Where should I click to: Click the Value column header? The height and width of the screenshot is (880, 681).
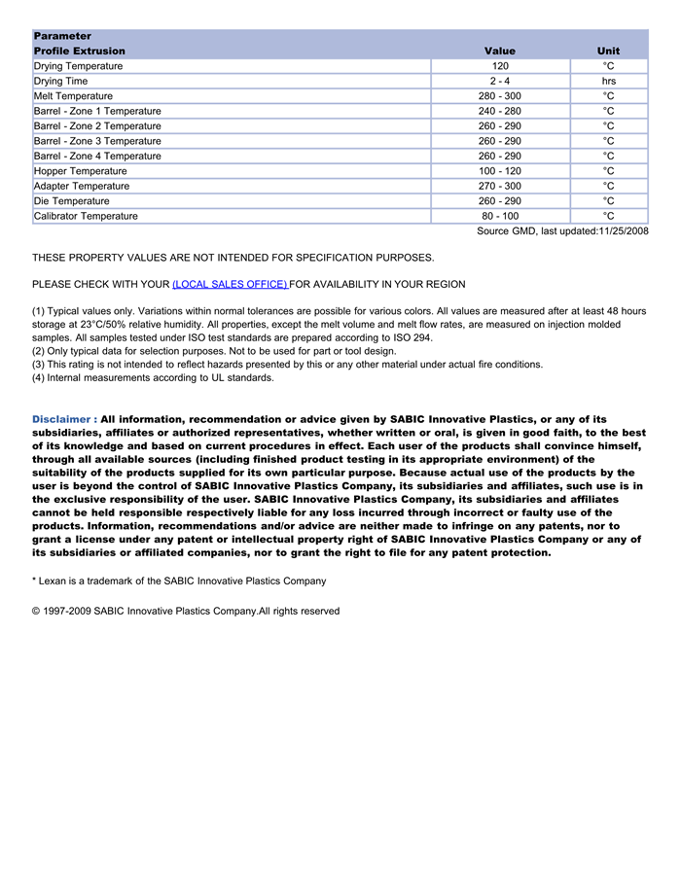(x=499, y=51)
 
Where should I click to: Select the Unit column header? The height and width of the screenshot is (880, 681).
(x=608, y=51)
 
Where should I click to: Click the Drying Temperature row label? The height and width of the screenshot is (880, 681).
(x=79, y=66)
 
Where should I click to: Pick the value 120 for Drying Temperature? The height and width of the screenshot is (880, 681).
(x=500, y=66)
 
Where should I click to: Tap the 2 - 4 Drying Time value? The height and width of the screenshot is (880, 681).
(x=500, y=81)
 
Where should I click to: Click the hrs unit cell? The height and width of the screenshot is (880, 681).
(x=608, y=81)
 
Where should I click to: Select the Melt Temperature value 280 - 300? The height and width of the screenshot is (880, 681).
(x=500, y=96)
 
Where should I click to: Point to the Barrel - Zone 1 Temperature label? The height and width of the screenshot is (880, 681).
(x=97, y=111)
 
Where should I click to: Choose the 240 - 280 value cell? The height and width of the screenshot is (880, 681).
(x=500, y=111)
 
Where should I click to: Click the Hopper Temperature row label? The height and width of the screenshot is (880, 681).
(x=81, y=171)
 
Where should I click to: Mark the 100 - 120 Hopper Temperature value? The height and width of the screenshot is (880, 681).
(x=500, y=171)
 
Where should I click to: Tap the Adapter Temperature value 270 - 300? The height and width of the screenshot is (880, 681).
(x=500, y=186)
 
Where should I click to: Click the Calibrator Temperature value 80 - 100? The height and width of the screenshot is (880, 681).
(x=500, y=216)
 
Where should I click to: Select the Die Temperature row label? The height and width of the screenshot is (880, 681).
(x=72, y=201)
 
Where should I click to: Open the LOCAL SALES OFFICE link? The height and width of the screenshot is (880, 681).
(x=230, y=284)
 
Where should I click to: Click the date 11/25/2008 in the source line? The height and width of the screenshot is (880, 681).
(x=623, y=231)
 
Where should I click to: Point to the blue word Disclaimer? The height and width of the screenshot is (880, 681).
(x=61, y=419)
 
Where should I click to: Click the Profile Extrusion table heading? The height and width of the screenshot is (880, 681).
(x=80, y=51)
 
